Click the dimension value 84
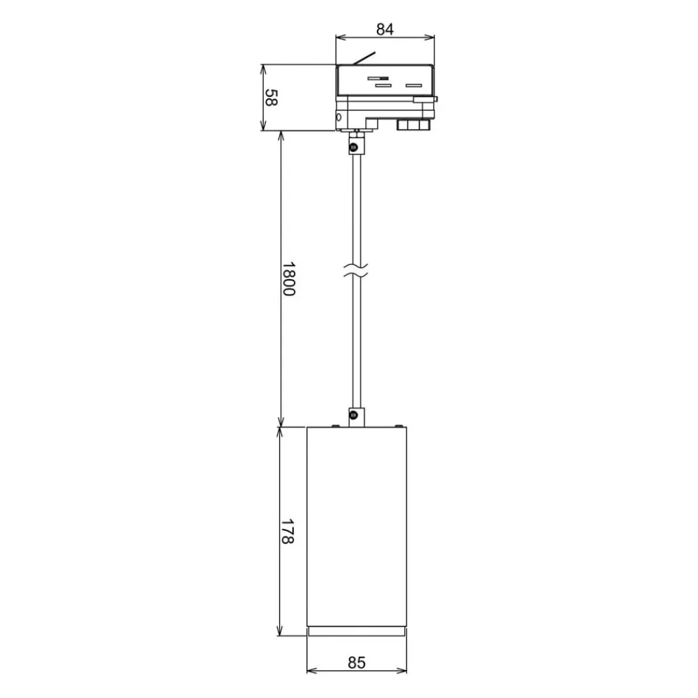[385, 29]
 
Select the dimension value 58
[271, 98]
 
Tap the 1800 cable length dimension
[288, 279]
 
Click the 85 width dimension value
[357, 663]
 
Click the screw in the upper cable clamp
[355, 147]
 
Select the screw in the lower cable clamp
[355, 417]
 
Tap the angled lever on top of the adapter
[364, 59]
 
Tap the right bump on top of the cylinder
[399, 424]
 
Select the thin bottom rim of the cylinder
[357, 631]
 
